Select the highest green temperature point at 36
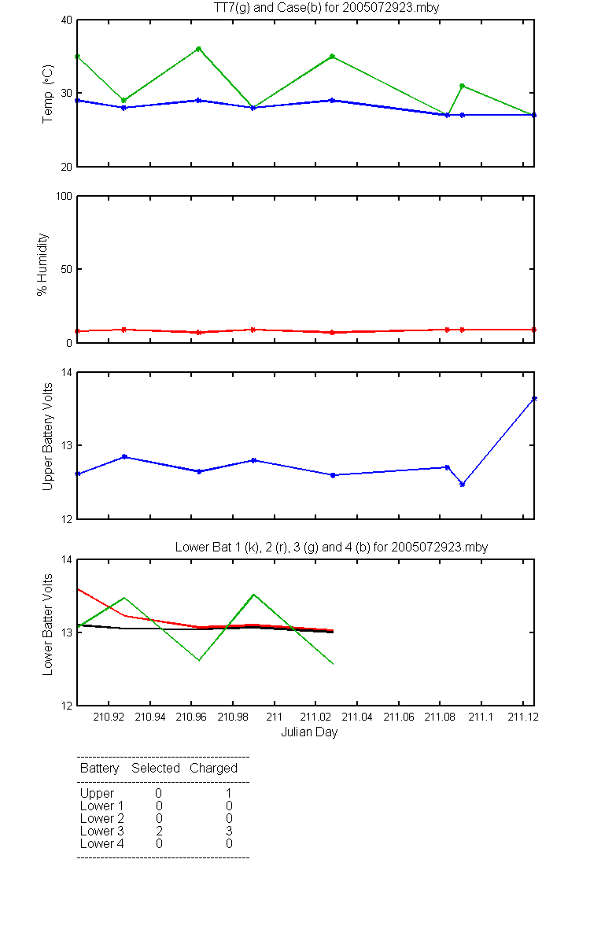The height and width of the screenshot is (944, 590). pos(199,49)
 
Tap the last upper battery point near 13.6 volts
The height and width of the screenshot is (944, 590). pos(534,399)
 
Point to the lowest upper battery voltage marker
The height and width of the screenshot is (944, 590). pos(463,485)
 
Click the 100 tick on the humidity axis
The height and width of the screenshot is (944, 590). pos(64,197)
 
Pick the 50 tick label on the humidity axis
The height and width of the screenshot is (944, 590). pos(67,269)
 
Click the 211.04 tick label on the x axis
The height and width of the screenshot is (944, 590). pos(357,717)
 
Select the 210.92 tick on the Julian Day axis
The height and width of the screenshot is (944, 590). pos(109,717)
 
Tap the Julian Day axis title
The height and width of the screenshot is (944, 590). pos(309,732)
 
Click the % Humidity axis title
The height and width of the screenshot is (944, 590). pos(42,264)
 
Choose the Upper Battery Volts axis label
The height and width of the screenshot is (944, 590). pos(47,437)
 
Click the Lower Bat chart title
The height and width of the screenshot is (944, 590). pos(331,547)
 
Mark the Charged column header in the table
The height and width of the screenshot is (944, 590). pos(213,768)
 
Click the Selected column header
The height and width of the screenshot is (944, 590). pos(156,768)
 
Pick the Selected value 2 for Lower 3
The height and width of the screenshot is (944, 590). pos(159,831)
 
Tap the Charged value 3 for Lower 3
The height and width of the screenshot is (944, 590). pos(229,831)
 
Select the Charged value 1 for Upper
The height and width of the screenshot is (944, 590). pos(229,793)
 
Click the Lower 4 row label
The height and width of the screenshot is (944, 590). pos(102,843)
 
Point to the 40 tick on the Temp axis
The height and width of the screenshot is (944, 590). pos(67,20)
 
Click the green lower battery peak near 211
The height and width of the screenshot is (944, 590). pos(253,595)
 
